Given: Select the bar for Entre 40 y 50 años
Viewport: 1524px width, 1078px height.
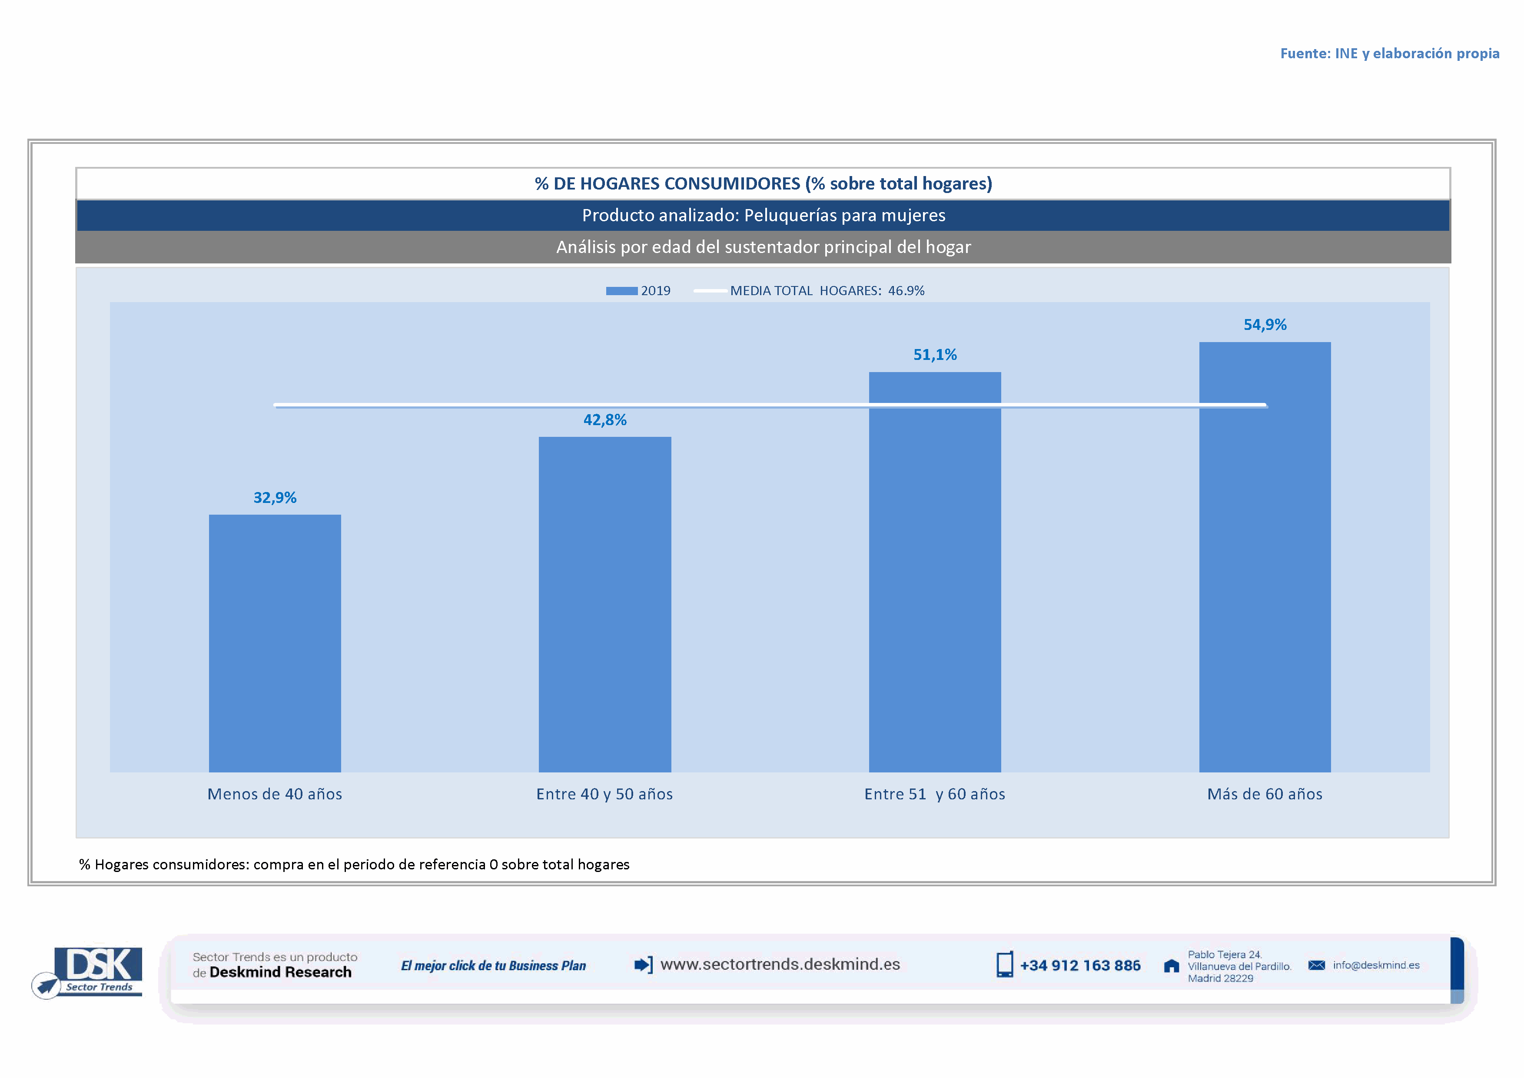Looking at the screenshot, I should click(x=604, y=604).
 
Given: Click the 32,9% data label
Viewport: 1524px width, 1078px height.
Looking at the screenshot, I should click(x=275, y=498).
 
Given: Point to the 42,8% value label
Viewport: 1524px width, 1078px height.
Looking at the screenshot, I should click(x=604, y=419).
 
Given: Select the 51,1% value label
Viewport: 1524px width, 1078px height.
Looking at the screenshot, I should click(x=935, y=355).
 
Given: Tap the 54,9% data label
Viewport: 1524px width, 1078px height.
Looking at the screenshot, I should click(x=1265, y=325).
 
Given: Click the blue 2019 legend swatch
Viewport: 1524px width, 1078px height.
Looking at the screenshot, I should click(x=621, y=291).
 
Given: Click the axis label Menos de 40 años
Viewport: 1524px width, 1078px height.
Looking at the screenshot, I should click(x=275, y=794).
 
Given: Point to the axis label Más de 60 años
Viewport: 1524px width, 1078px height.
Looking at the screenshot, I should click(x=1265, y=794).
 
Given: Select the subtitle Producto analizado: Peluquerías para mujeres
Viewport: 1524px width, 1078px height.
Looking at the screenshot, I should click(x=764, y=215).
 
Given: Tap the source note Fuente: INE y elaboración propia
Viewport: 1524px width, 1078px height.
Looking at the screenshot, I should click(x=1389, y=53).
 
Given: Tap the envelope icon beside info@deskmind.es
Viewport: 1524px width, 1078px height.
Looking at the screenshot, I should click(x=1316, y=965).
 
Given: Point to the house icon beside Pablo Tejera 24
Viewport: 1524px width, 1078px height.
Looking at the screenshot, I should click(x=1172, y=966).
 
